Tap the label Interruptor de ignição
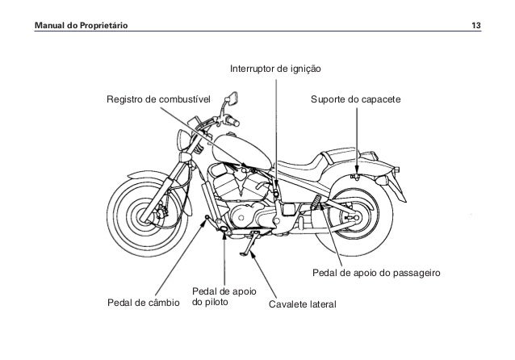[276, 69]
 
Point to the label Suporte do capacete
[355, 98]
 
